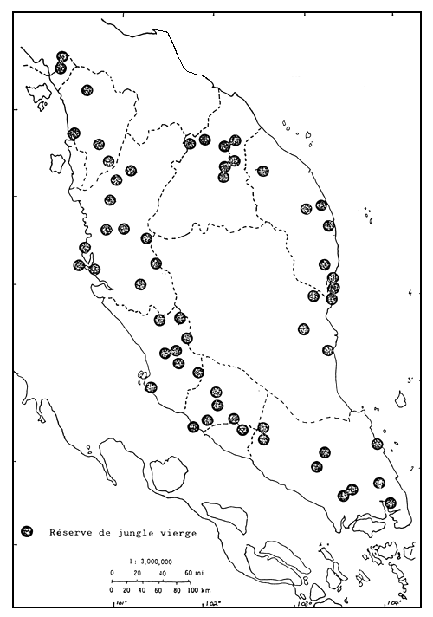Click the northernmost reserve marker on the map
point(61,57)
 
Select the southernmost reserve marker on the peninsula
point(390,503)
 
